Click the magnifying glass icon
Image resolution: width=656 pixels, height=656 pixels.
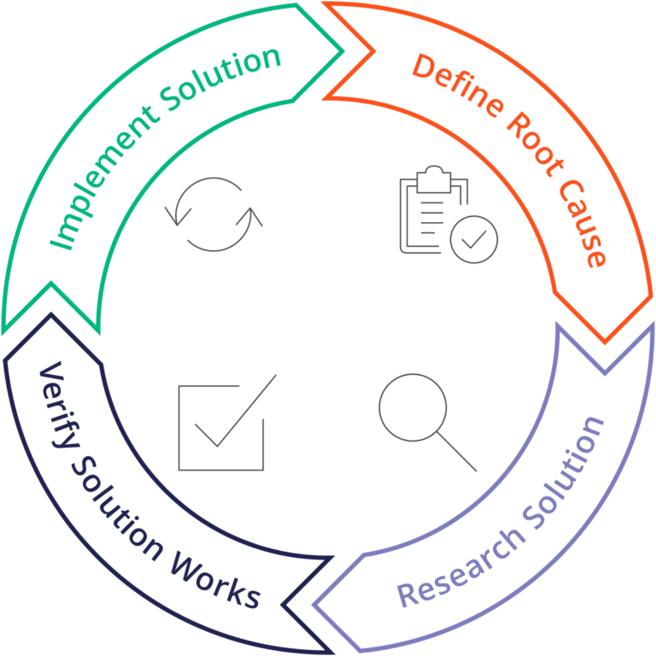tap(427, 409)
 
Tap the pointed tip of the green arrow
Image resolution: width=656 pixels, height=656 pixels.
tap(343, 51)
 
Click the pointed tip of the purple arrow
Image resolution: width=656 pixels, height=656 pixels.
tap(314, 606)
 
